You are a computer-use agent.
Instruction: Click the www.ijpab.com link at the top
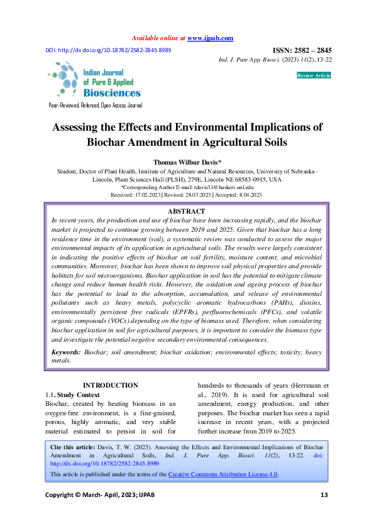210,38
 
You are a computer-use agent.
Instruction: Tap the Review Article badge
314,75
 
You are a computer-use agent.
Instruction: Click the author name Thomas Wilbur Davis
186,161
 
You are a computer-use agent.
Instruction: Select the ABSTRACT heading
187,211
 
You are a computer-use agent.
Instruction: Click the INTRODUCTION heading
111,385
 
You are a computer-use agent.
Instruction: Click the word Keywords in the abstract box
65,353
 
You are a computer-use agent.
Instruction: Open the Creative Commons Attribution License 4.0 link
223,474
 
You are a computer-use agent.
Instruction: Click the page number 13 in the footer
324,496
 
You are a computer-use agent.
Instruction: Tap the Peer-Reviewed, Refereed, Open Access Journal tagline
96,106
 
